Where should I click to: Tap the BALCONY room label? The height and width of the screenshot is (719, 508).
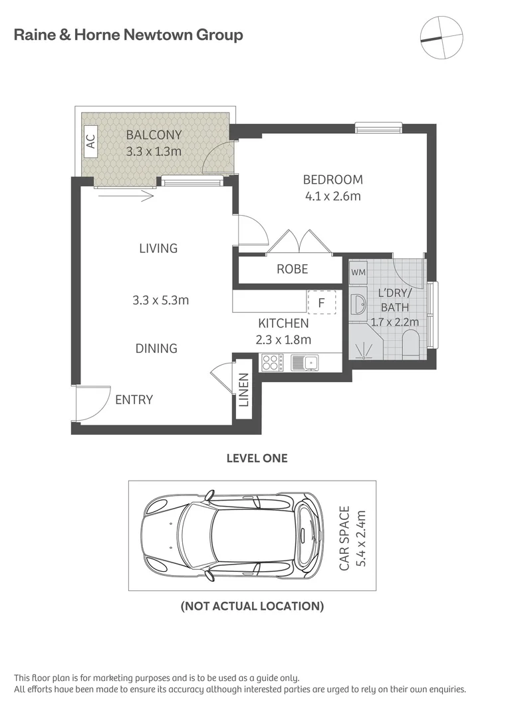[x=154, y=135]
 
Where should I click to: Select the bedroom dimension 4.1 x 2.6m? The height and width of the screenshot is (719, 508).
[x=332, y=196]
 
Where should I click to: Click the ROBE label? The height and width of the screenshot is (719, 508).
[x=293, y=269]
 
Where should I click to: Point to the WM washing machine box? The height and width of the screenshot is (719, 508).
[x=358, y=272]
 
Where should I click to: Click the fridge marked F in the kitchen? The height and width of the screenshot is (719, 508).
[x=321, y=302]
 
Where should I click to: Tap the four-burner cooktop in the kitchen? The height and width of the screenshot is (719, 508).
[x=271, y=363]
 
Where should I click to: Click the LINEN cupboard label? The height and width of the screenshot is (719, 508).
[x=243, y=391]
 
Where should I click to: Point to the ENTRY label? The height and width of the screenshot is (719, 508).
[x=134, y=399]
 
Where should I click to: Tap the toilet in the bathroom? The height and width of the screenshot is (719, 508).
[x=411, y=347]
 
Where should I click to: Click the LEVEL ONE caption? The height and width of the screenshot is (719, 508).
[x=257, y=458]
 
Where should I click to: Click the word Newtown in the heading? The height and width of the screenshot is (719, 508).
[x=158, y=35]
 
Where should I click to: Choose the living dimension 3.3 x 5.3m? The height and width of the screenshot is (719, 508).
[x=160, y=300]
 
